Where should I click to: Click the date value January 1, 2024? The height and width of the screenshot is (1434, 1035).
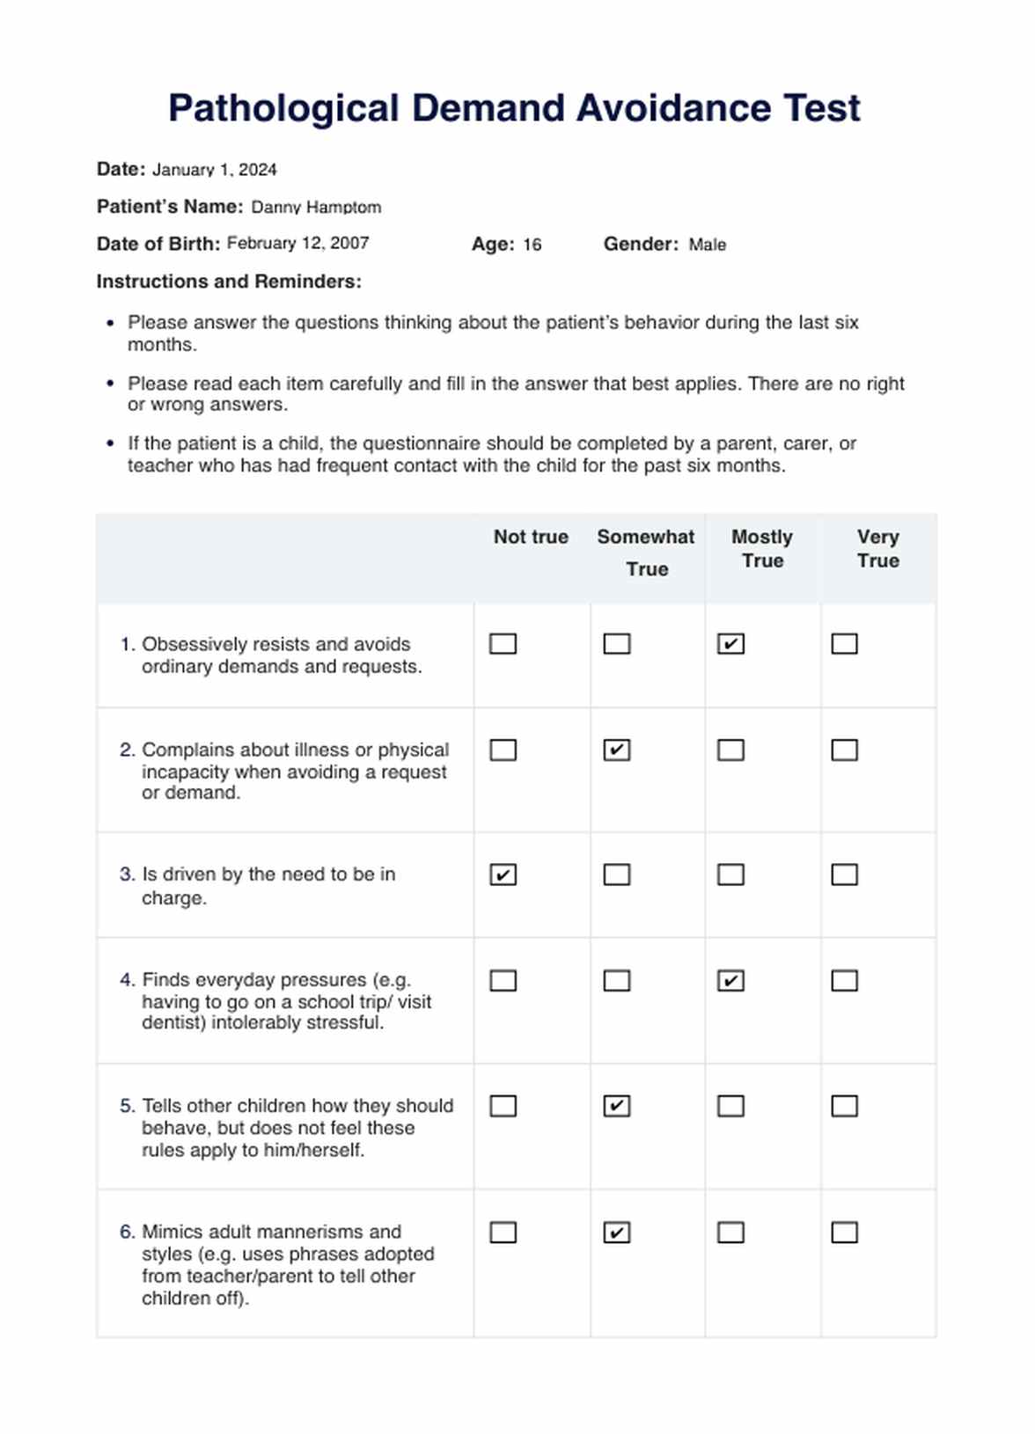coord(215,170)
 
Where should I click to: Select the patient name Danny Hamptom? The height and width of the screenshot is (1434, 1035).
coord(316,208)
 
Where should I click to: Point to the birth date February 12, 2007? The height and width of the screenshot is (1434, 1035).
coord(297,244)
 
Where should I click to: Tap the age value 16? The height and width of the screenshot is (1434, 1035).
coord(532,245)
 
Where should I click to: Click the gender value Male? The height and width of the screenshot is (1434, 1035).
coord(707,245)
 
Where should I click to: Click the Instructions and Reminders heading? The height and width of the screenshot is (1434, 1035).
coord(229,282)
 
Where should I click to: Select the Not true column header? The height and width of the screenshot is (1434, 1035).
coord(531,538)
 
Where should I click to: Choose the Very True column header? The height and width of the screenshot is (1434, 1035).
coord(877,549)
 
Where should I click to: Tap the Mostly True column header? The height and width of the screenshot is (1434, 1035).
coord(762,549)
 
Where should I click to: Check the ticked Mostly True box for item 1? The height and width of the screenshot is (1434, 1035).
coord(730,644)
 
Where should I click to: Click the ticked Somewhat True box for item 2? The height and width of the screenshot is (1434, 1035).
coord(617,750)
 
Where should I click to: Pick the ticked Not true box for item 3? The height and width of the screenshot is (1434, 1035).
coord(503,875)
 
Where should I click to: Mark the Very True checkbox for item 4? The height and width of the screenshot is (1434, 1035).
coord(844,981)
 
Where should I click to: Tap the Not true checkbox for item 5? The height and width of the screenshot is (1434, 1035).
coord(503,1106)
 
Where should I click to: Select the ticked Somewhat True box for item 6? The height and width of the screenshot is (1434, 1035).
coord(617,1233)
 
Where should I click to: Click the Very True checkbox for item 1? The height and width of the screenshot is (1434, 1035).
coord(844,644)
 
